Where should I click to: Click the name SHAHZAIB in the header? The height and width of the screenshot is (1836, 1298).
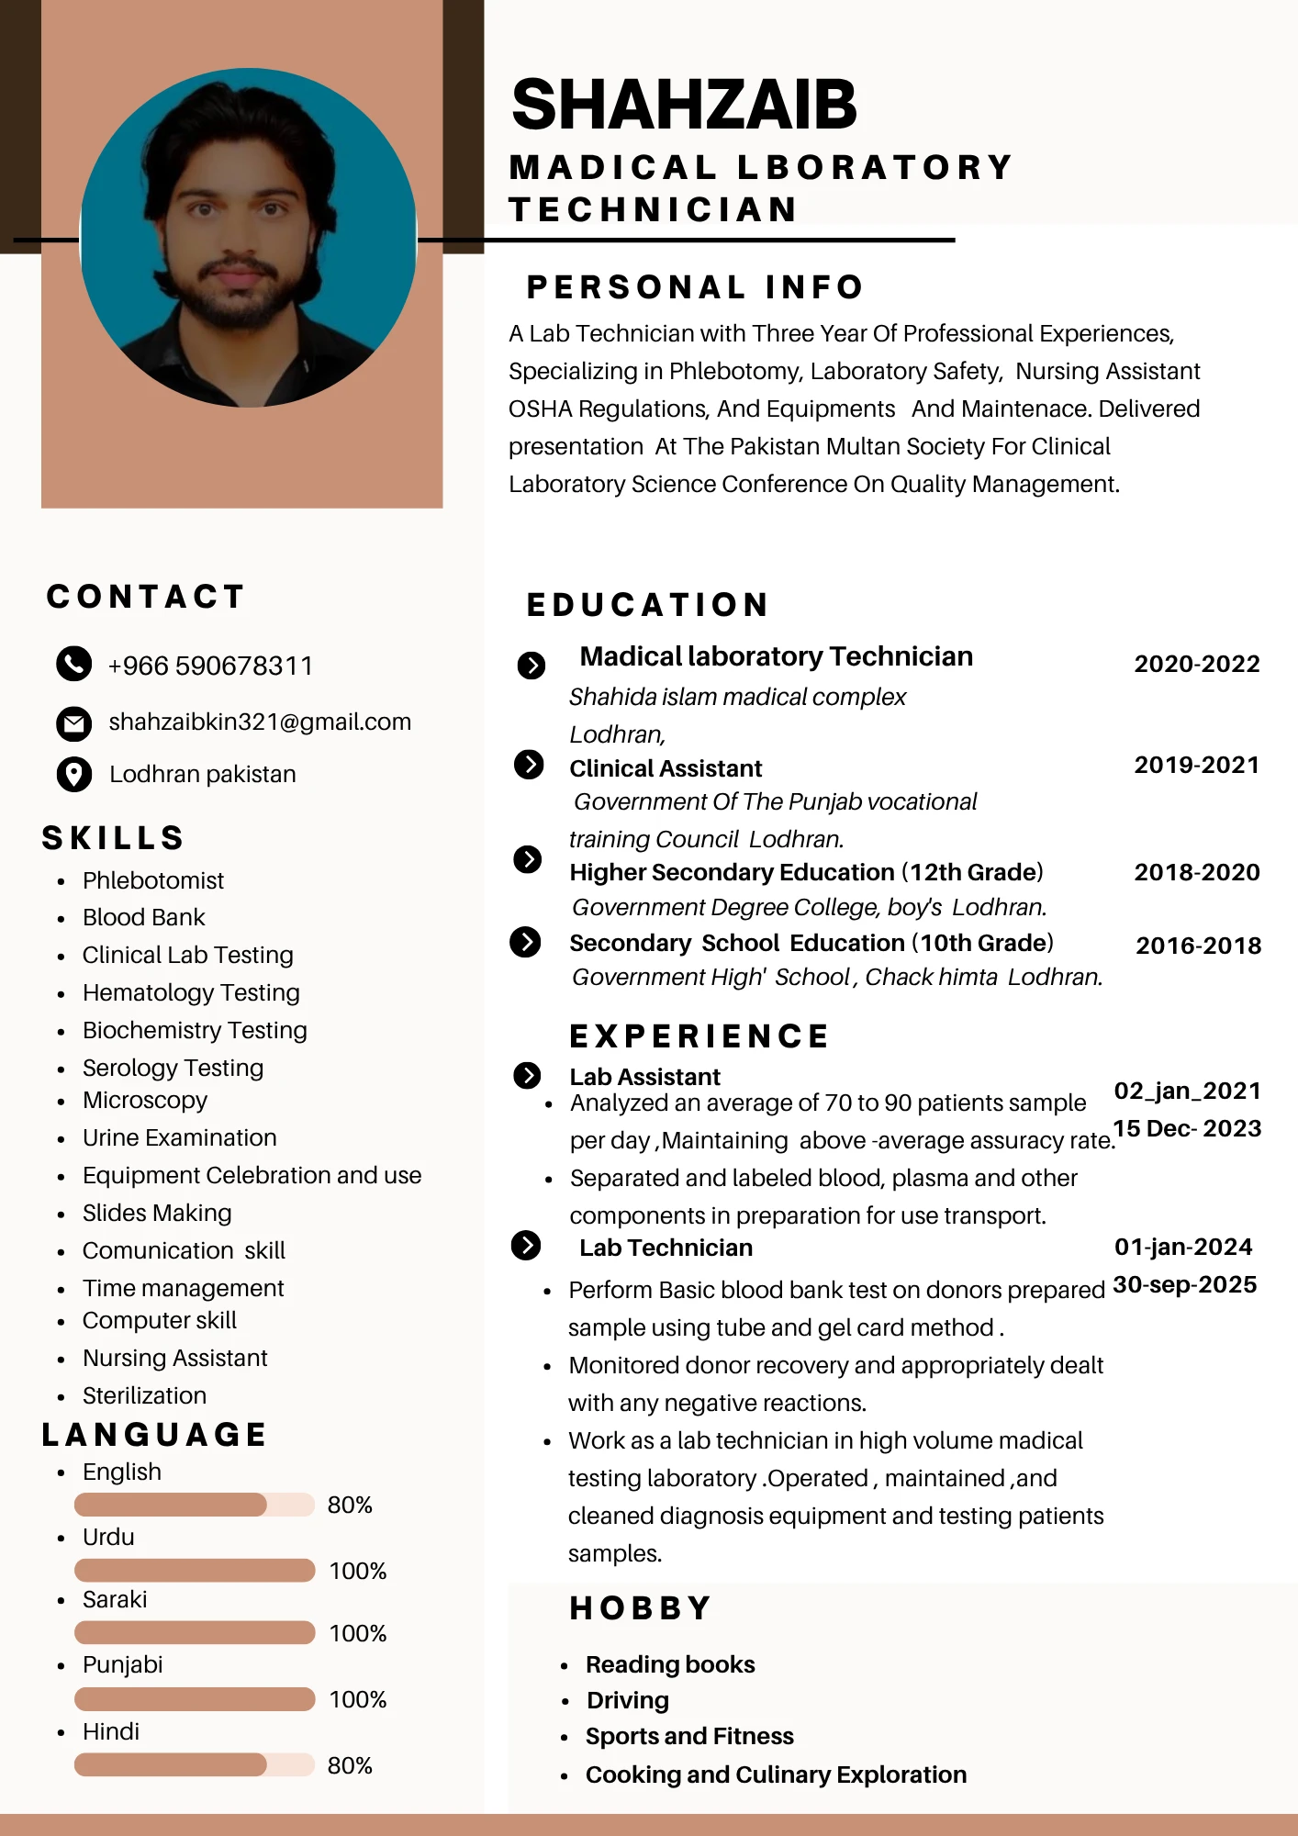coord(684,105)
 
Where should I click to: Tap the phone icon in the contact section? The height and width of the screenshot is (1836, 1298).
coord(73,664)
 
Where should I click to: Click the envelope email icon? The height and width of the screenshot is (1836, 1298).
coord(73,723)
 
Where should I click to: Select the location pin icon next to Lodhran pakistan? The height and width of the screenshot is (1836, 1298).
coord(73,774)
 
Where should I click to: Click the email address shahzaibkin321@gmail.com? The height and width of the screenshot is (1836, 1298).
coord(260,722)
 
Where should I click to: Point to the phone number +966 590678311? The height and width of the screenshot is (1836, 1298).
coord(210,666)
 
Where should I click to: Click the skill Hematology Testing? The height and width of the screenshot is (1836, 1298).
coord(191,992)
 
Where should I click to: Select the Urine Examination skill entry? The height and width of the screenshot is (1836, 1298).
coord(179,1137)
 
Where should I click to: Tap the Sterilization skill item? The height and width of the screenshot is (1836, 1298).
coord(144,1395)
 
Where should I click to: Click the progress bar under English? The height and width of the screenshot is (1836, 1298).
coord(194,1505)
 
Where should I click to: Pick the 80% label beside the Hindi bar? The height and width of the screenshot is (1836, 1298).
coord(350,1765)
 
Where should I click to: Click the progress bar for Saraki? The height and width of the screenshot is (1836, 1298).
coord(194,1632)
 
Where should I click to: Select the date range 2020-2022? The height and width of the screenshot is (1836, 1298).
coord(1197,664)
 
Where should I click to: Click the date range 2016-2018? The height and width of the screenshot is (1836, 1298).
coord(1198,946)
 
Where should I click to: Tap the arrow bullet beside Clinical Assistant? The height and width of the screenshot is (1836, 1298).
coord(529,764)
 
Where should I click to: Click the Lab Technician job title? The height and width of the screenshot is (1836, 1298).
coord(666,1248)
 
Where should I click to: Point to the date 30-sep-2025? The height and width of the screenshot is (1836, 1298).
coord(1184,1284)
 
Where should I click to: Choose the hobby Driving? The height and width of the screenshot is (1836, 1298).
coord(628,1700)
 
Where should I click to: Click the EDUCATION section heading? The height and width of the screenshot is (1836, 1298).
coord(648,605)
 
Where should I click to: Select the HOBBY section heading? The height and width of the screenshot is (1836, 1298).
coord(641,1608)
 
